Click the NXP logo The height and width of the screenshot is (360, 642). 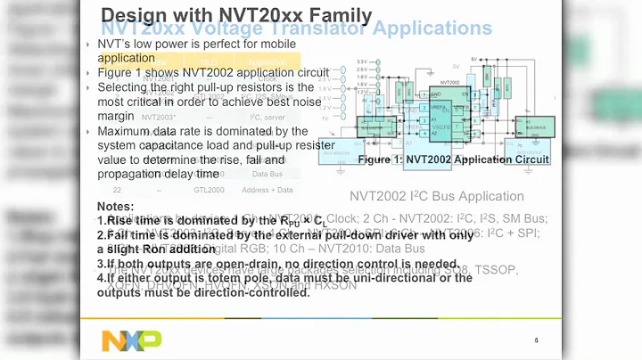point(131,340)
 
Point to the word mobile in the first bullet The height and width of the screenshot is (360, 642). point(274,44)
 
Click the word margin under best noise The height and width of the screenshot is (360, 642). point(118,116)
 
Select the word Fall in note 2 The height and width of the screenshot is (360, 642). point(120,235)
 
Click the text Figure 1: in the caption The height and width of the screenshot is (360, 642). point(382,160)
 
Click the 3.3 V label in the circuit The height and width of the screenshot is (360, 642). point(362,61)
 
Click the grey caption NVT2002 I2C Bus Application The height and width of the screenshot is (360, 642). point(437,196)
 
